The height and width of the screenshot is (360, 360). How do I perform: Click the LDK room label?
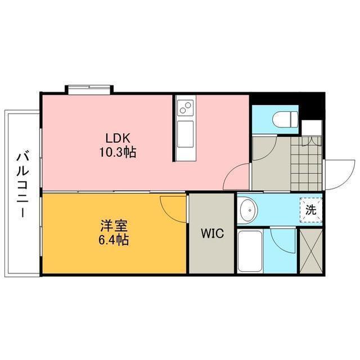(x=118, y=138)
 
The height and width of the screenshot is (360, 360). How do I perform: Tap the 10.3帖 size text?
(x=118, y=152)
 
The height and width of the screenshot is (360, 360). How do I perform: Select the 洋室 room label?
(x=114, y=226)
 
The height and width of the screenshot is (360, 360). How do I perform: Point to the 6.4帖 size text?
(x=114, y=240)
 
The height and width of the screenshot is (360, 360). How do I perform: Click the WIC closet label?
(x=212, y=233)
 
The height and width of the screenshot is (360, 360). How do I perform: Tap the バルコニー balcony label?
(x=22, y=184)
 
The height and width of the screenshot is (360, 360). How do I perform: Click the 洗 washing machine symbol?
(x=310, y=210)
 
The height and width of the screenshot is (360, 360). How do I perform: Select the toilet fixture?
(x=285, y=119)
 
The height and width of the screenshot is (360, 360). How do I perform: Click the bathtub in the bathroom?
(x=250, y=251)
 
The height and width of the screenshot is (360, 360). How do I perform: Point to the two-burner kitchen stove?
(x=186, y=107)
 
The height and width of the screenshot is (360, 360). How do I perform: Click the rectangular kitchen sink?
(x=185, y=134)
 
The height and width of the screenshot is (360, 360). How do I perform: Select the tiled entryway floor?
(x=306, y=164)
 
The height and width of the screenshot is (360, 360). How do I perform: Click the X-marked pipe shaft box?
(x=311, y=251)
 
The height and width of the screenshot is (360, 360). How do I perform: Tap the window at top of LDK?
(x=89, y=89)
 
